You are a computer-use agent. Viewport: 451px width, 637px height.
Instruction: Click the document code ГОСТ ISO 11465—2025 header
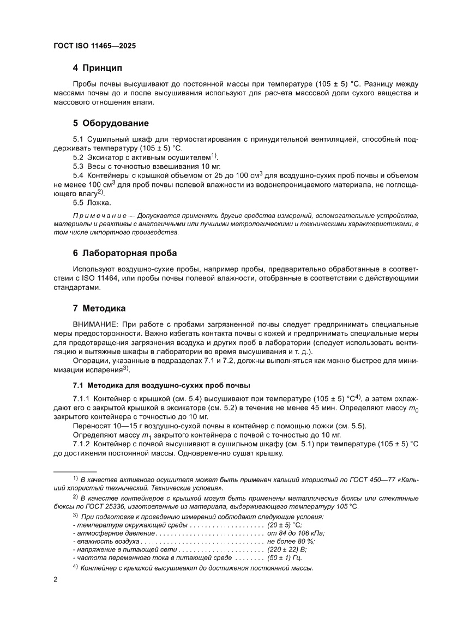94,46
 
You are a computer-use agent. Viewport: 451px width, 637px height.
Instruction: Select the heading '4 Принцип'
98,68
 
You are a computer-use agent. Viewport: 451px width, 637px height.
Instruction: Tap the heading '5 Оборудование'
111,123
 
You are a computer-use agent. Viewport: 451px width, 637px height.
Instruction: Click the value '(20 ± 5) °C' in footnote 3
284,525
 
